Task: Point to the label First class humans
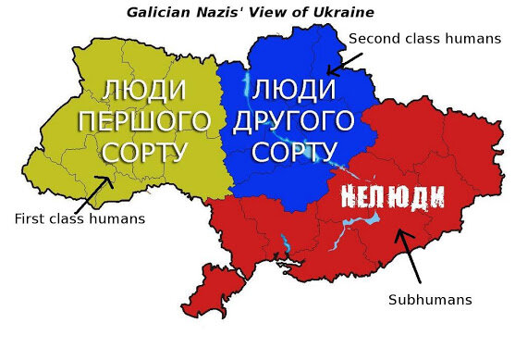tap(80, 219)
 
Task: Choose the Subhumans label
tap(430, 300)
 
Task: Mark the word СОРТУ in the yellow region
tap(144, 151)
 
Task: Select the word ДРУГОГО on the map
tap(294, 121)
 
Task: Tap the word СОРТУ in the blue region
tap(294, 151)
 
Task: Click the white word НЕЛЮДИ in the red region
tap(393, 195)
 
